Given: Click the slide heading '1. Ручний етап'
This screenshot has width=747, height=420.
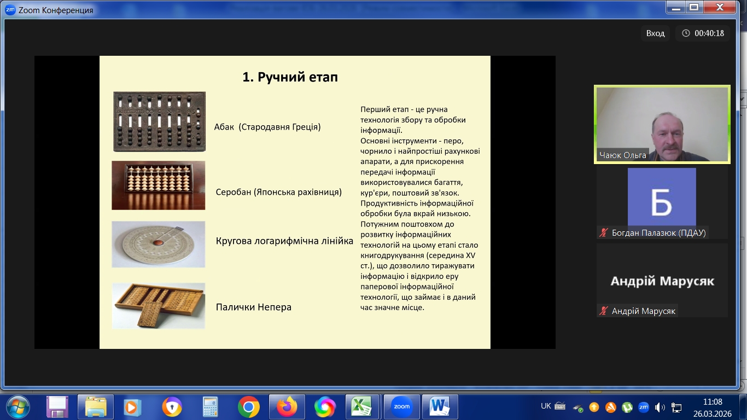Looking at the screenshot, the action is click(290, 77).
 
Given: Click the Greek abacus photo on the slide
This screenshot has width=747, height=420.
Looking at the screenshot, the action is click(159, 121).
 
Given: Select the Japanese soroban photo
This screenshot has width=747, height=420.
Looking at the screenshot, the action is click(159, 185).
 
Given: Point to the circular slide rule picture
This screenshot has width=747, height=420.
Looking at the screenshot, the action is click(159, 244).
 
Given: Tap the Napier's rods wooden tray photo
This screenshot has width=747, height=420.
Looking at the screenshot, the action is click(159, 306).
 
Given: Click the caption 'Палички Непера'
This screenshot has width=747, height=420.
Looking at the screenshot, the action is click(253, 307).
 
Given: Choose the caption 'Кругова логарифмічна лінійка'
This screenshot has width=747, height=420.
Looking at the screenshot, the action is click(284, 241).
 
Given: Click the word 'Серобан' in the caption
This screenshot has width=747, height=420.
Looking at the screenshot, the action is click(234, 192).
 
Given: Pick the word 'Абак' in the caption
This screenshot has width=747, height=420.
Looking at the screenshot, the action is click(224, 127).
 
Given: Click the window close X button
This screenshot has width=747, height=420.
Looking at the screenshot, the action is click(720, 7).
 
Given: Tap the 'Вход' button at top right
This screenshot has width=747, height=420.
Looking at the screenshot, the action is click(655, 33).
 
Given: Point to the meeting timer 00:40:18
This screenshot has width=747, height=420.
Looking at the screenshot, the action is click(703, 33).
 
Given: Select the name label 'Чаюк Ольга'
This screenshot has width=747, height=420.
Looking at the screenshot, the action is click(623, 155).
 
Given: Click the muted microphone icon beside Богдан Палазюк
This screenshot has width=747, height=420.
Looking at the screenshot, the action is click(603, 232).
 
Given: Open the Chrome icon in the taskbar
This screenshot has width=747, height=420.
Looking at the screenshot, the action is click(248, 407).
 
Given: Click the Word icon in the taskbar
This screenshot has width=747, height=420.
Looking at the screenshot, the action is click(440, 407).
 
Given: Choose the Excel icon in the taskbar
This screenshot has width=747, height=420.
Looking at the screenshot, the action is click(362, 407).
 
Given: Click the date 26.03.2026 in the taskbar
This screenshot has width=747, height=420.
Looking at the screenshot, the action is click(713, 414).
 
